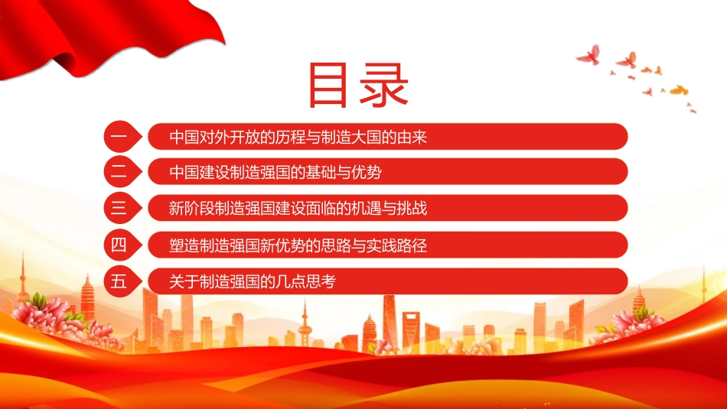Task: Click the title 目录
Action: click(x=358, y=86)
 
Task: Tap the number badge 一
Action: click(x=122, y=137)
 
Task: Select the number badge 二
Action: click(x=122, y=172)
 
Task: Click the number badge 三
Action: click(x=122, y=207)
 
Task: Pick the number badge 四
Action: click(x=122, y=245)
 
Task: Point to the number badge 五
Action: click(x=122, y=281)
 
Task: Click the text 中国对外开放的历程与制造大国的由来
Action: click(x=298, y=137)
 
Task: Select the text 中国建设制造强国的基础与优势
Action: click(x=275, y=172)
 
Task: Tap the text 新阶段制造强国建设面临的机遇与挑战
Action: click(x=298, y=209)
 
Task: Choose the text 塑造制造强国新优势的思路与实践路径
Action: click(x=298, y=245)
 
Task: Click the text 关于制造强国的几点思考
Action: click(x=253, y=281)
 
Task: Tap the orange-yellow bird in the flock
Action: click(x=679, y=90)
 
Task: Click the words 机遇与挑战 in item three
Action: click(x=390, y=209)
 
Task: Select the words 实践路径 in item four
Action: click(x=397, y=245)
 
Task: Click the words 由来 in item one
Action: click(x=412, y=137)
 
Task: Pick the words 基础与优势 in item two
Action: click(x=344, y=172)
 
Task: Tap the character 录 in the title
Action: click(x=383, y=86)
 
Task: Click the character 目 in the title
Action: click(x=328, y=86)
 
